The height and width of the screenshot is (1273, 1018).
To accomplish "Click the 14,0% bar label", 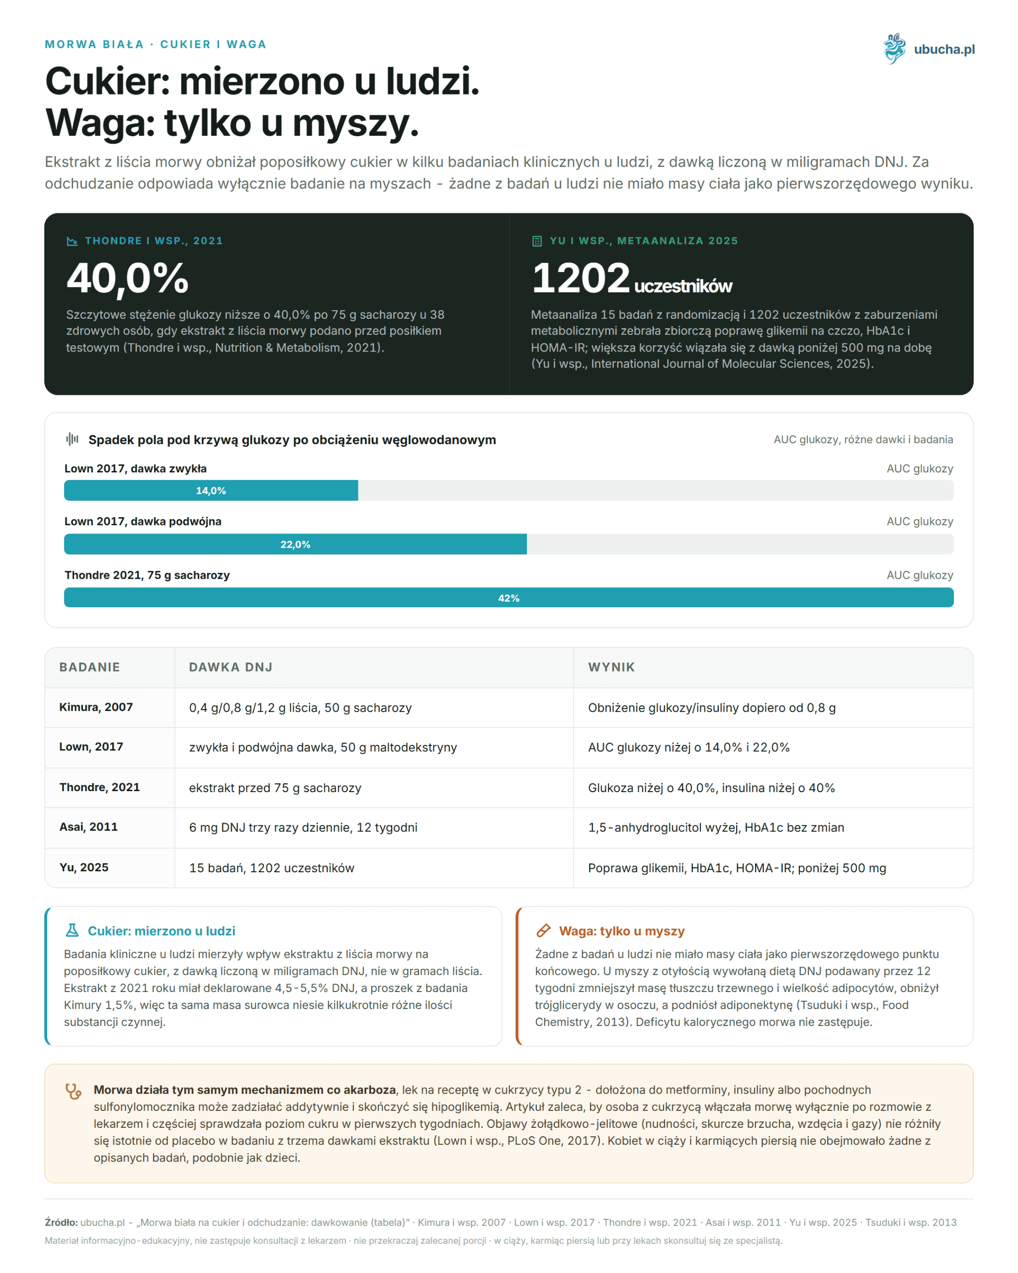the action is [211, 491].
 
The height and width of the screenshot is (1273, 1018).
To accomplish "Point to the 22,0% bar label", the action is [295, 545].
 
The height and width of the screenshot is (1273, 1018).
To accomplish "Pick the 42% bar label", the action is [509, 598].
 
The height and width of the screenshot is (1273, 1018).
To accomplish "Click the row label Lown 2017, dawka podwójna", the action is [143, 521].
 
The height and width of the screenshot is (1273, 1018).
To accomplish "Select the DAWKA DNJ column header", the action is [231, 667].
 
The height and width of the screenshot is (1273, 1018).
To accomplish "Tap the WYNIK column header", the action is [611, 667].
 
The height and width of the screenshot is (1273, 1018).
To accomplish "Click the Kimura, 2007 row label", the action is [96, 707].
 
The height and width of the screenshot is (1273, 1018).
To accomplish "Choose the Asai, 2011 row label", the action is [88, 827].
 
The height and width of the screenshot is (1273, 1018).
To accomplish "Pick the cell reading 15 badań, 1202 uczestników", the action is [271, 868].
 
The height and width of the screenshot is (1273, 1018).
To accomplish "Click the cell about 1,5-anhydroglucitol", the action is [716, 828].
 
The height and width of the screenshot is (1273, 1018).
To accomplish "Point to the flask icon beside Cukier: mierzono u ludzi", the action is [72, 930].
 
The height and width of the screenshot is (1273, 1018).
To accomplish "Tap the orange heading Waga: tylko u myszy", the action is [622, 931].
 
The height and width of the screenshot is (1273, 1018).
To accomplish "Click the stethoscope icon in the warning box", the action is [73, 1091].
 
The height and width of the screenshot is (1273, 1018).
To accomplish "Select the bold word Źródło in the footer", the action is [61, 1222].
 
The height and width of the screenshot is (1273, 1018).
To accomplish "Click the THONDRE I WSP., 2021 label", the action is [154, 241].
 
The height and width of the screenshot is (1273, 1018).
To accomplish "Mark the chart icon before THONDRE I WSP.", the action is [72, 241].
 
